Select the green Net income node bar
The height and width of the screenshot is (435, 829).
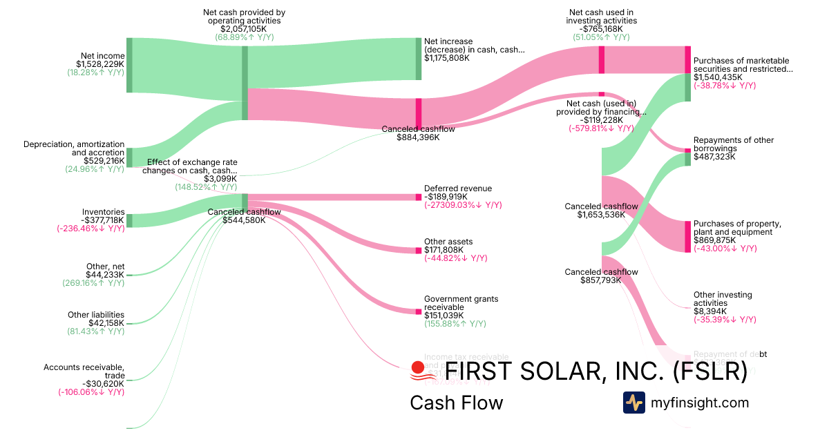click(129, 66)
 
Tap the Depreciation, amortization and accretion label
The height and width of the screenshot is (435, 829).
click(74, 148)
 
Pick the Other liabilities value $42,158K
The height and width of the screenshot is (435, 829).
click(106, 322)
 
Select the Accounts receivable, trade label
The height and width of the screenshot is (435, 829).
click(84, 371)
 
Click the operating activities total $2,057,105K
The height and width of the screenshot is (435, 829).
click(244, 29)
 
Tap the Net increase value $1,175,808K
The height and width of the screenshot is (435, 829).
click(447, 58)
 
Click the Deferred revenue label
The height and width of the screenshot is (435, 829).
click(458, 188)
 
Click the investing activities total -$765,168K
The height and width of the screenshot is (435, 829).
click(601, 29)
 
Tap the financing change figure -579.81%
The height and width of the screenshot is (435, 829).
click(600, 128)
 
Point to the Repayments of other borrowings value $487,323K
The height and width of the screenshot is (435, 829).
click(714, 157)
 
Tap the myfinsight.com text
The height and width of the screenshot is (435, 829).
click(700, 403)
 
